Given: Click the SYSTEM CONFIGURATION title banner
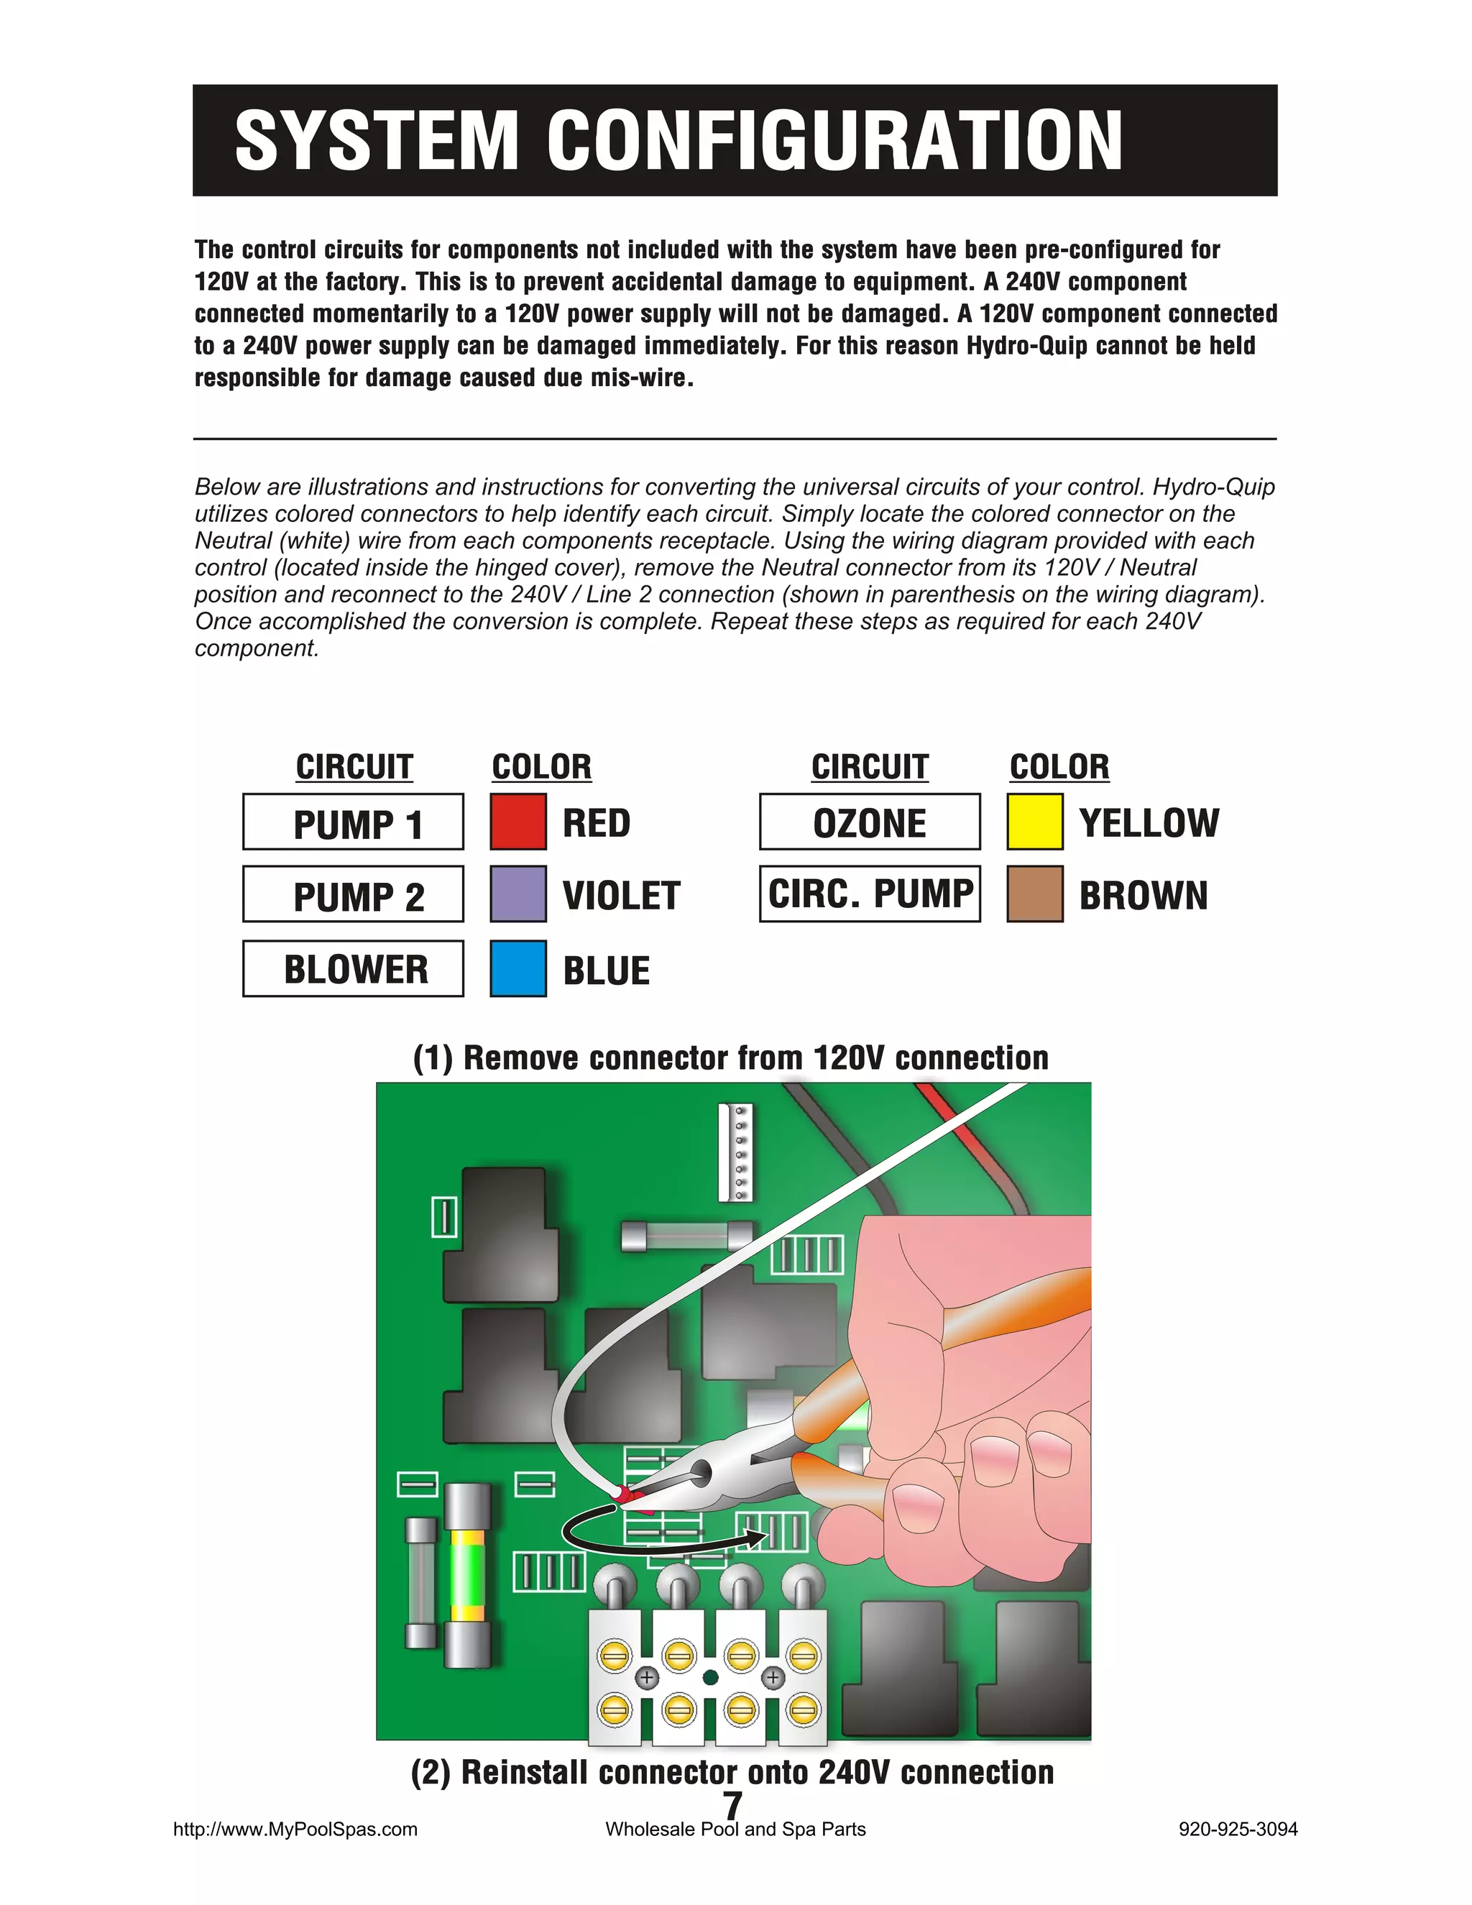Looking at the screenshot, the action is click(735, 139).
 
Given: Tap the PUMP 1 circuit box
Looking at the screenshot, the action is click(353, 822).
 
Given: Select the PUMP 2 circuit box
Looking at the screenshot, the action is click(353, 894).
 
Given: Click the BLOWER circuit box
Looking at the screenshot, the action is click(353, 968).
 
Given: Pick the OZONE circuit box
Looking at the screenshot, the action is click(870, 822).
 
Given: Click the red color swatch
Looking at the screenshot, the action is click(518, 822).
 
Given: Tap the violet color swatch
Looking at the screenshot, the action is click(518, 894).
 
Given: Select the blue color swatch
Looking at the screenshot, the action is click(518, 968).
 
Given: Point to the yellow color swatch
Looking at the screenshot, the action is click(1035, 822).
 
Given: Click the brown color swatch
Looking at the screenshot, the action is click(1035, 894).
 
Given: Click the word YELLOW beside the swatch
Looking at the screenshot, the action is click(1149, 822).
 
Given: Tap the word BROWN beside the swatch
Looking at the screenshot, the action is click(1144, 896).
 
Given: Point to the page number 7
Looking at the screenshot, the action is click(733, 1804).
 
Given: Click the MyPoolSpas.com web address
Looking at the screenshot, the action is click(295, 1829).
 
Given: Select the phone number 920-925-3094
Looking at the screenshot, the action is click(1238, 1829).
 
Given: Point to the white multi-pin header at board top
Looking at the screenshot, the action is click(737, 1152).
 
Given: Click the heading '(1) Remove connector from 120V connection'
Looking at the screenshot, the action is click(731, 1058).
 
